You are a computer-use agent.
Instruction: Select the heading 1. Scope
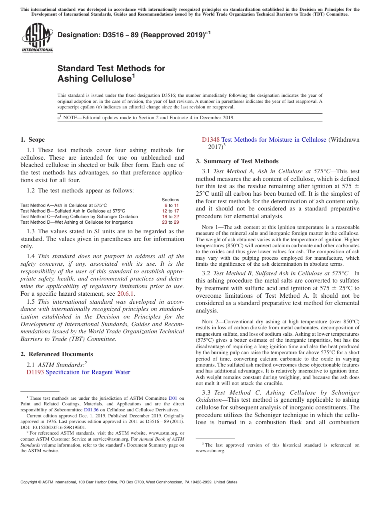(x=32, y=140)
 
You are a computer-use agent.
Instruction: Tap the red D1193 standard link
(x=35, y=372)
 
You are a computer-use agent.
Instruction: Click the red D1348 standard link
(x=210, y=140)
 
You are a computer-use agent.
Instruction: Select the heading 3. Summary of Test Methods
(x=237, y=161)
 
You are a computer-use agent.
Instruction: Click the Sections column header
(x=170, y=200)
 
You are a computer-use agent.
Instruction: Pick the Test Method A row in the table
(x=64, y=205)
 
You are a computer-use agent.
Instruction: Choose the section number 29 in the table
(x=176, y=222)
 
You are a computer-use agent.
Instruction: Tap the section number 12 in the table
(x=164, y=211)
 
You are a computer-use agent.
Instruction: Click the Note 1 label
(x=212, y=227)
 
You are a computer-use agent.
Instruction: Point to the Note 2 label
(x=212, y=322)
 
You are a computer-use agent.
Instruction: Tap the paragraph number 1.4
(x=31, y=256)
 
